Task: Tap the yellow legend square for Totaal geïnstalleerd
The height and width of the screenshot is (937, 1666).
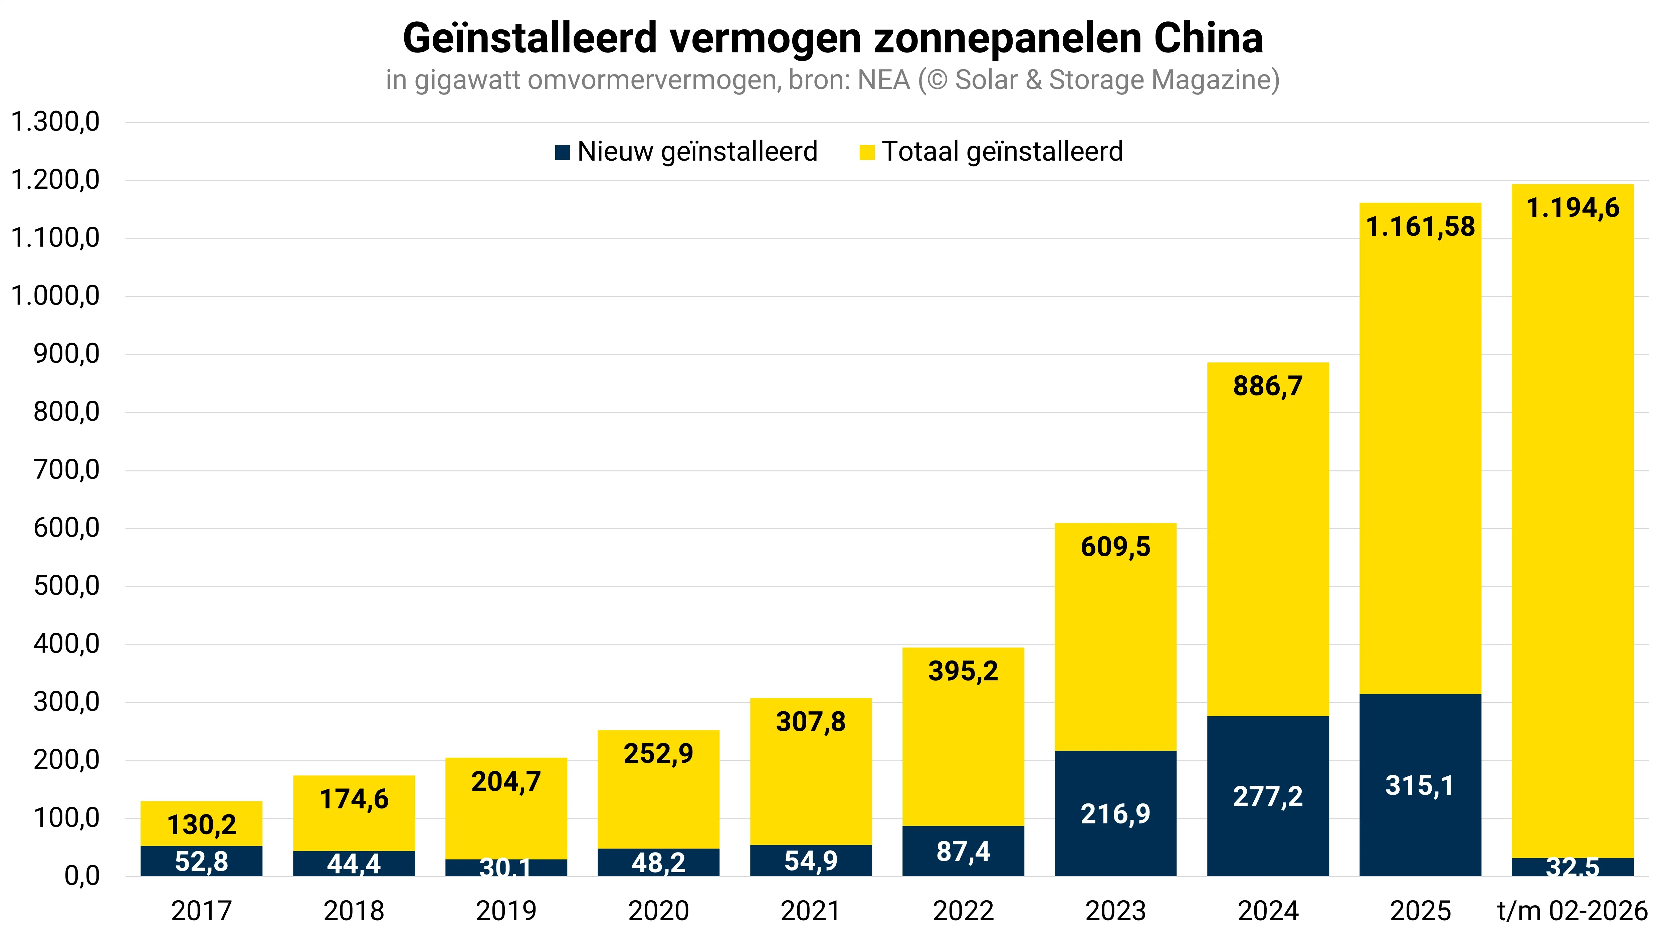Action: (x=867, y=153)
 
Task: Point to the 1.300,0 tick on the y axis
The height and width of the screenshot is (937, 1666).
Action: (x=56, y=122)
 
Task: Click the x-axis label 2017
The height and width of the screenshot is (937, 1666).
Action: (x=201, y=911)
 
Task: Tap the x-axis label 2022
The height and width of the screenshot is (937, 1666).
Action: (x=963, y=911)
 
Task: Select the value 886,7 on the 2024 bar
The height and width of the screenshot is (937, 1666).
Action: (x=1268, y=386)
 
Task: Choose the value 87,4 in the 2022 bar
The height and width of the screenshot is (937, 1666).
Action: (x=963, y=852)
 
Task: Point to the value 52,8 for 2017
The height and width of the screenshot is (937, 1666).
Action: (x=201, y=861)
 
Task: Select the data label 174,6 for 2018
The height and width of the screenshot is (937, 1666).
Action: (x=354, y=799)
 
